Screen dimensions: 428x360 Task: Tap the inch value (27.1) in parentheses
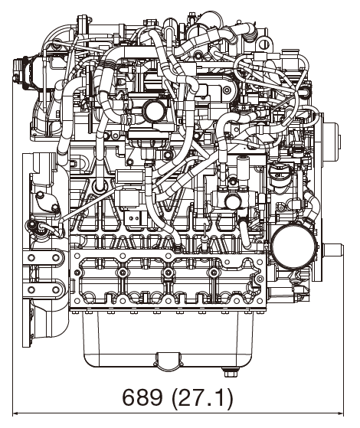click(200, 400)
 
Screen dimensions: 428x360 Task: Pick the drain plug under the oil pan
click(227, 373)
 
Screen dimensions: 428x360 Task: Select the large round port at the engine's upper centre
click(155, 112)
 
